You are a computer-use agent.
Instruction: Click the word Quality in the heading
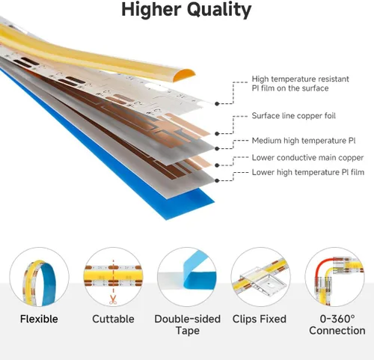(219, 10)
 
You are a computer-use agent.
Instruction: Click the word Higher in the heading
(151, 10)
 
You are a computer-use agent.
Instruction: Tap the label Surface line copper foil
(293, 116)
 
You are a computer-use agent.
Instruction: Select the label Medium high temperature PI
(304, 141)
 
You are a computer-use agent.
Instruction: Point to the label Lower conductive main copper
(307, 158)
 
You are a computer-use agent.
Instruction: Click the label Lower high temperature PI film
(308, 172)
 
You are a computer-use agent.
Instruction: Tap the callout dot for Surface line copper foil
(217, 134)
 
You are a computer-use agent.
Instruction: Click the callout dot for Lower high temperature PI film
(217, 180)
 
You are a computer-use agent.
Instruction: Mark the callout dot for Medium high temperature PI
(217, 149)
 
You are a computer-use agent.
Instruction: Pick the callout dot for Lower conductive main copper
(217, 165)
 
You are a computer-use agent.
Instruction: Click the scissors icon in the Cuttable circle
(113, 299)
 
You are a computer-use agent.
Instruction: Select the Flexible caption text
(39, 319)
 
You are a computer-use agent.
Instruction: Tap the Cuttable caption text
(113, 319)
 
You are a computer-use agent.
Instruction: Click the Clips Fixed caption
(260, 319)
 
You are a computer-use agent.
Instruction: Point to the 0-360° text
(337, 319)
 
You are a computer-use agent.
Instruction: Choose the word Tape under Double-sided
(188, 331)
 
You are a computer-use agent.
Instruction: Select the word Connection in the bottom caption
(337, 331)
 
